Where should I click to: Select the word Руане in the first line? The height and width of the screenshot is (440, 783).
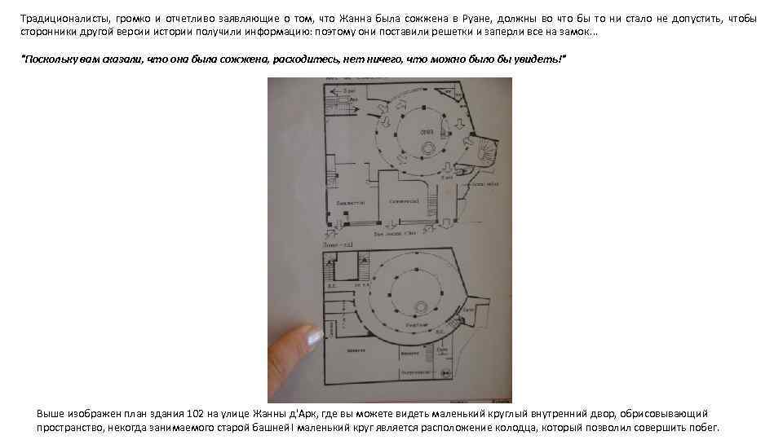pos(475,19)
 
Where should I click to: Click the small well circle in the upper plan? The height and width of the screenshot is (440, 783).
pos(428,147)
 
